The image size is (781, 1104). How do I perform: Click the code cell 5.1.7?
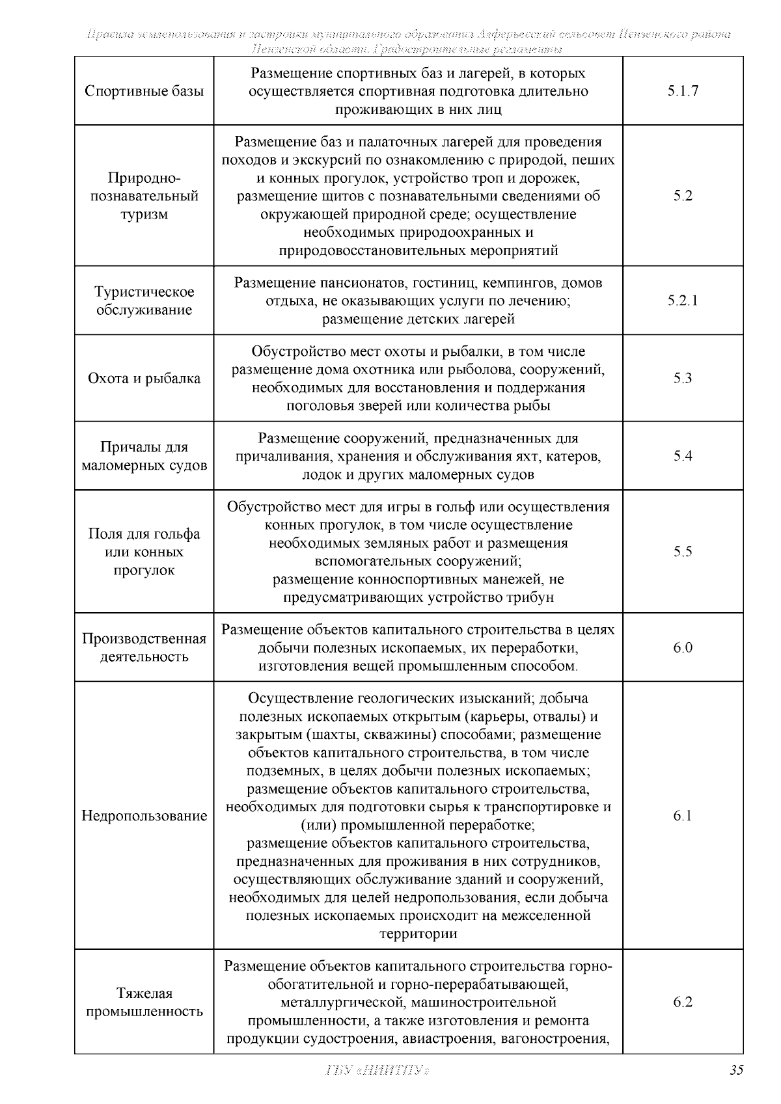point(682,91)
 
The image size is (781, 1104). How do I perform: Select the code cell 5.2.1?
point(682,301)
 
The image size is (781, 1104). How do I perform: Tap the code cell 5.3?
point(682,378)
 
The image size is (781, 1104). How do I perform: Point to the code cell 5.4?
point(682,456)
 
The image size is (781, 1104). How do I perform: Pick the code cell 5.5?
point(682,552)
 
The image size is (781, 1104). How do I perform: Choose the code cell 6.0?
point(682,647)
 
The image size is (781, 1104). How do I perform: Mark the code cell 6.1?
point(682,816)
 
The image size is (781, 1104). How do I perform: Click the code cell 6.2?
point(682,1002)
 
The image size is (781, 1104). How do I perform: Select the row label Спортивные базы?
point(144,91)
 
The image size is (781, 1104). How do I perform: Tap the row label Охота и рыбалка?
point(144,379)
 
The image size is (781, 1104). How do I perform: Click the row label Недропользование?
point(144,816)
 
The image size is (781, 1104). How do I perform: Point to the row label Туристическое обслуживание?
point(144,301)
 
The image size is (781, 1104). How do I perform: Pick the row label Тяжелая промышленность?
point(144,1002)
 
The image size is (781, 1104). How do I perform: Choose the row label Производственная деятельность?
point(144,647)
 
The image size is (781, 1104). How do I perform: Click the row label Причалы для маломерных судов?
point(144,456)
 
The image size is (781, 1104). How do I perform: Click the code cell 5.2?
point(682,196)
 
